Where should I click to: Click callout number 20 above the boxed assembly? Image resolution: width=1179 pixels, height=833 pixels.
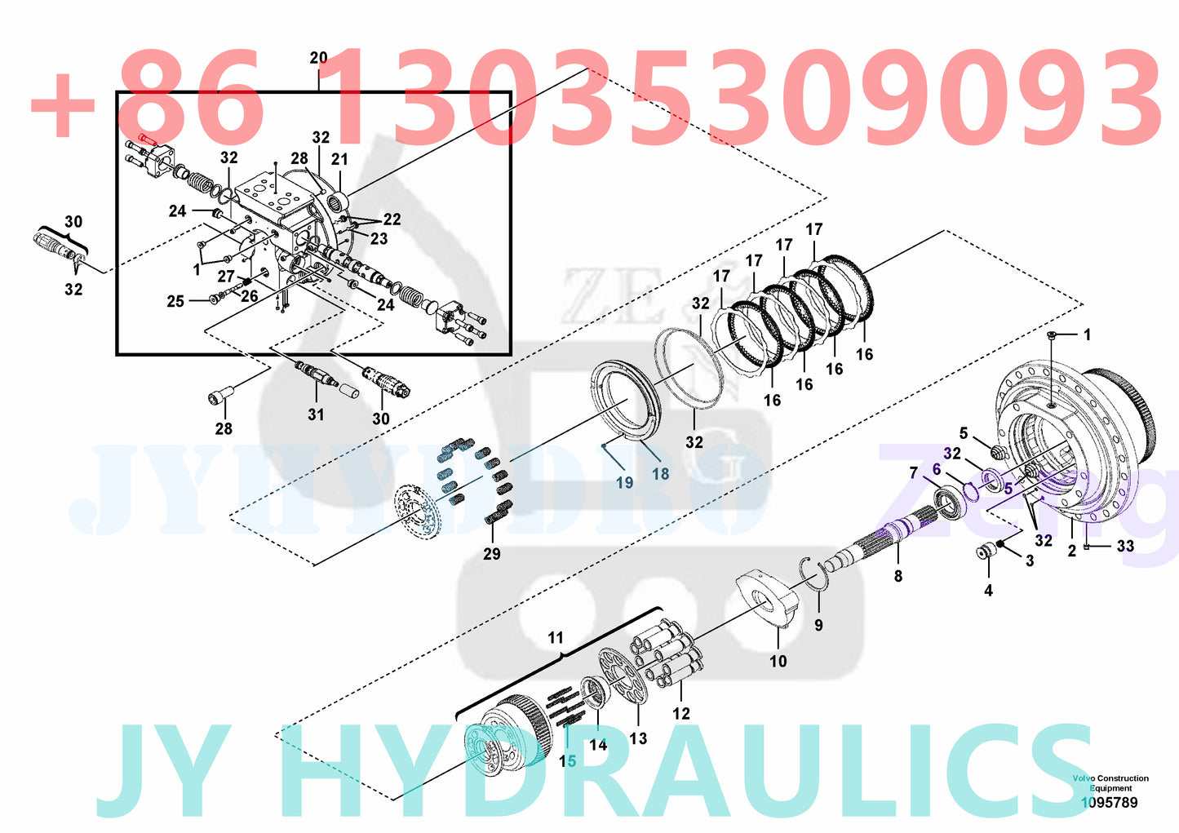point(318,58)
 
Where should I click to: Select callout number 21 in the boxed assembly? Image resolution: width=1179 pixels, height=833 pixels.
point(339,159)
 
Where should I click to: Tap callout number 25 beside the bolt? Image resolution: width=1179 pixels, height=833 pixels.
point(175,301)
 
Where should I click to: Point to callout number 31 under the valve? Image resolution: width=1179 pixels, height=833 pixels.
point(316,414)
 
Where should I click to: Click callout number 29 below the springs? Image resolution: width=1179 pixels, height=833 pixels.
point(491,554)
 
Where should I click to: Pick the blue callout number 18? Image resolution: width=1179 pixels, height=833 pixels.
point(660,473)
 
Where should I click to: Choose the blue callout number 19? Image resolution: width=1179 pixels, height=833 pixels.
point(624,482)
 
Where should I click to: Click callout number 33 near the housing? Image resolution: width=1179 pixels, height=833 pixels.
point(1125,546)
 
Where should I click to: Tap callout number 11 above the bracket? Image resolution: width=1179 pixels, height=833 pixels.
point(556,637)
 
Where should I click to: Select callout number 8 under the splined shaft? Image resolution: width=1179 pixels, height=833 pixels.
point(898,576)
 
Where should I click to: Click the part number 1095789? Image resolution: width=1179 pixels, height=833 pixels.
point(1109,802)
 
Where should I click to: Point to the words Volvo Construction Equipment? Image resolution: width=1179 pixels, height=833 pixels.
point(1110,783)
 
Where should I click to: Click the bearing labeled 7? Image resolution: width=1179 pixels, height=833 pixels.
point(948,498)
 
